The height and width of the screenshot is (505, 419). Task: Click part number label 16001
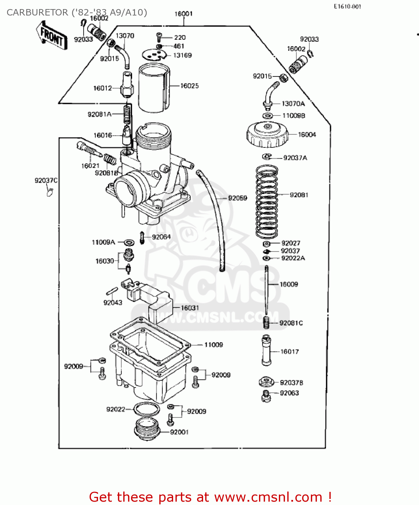pos(184,14)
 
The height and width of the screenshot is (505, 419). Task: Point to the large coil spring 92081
pos(267,201)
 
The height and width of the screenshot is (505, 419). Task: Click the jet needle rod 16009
pos(266,290)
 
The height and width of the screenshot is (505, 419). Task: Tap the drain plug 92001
pos(147,429)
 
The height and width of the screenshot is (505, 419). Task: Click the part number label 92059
pos(237,198)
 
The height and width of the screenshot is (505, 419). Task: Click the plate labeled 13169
pos(154,55)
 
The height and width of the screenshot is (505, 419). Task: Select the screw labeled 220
pos(159,36)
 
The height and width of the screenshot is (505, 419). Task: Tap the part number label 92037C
pos(46,180)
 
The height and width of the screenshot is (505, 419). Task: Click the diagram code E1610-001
pos(347,6)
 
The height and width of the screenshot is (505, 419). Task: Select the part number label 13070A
pos(293,104)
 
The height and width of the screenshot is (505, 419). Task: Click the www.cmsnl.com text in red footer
pos(268,497)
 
